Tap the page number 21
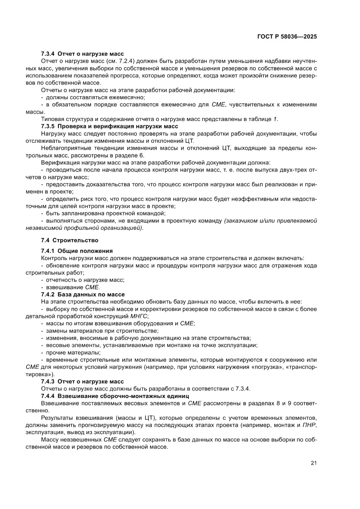[x=313, y=463]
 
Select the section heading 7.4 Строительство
[x=70, y=240]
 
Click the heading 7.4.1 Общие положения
[x=77, y=251]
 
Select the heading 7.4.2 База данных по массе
[x=83, y=295]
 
